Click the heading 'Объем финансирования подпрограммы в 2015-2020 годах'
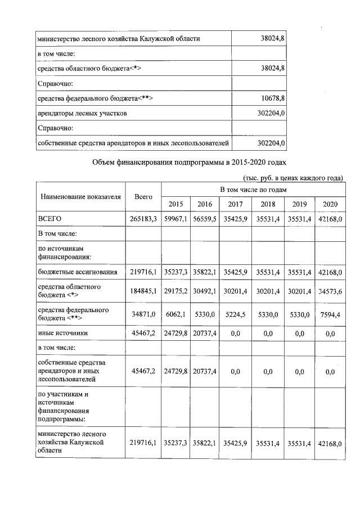tap(188, 163)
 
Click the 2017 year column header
tap(238, 204)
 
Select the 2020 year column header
tap(330, 204)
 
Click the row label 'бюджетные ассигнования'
tap(78, 272)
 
